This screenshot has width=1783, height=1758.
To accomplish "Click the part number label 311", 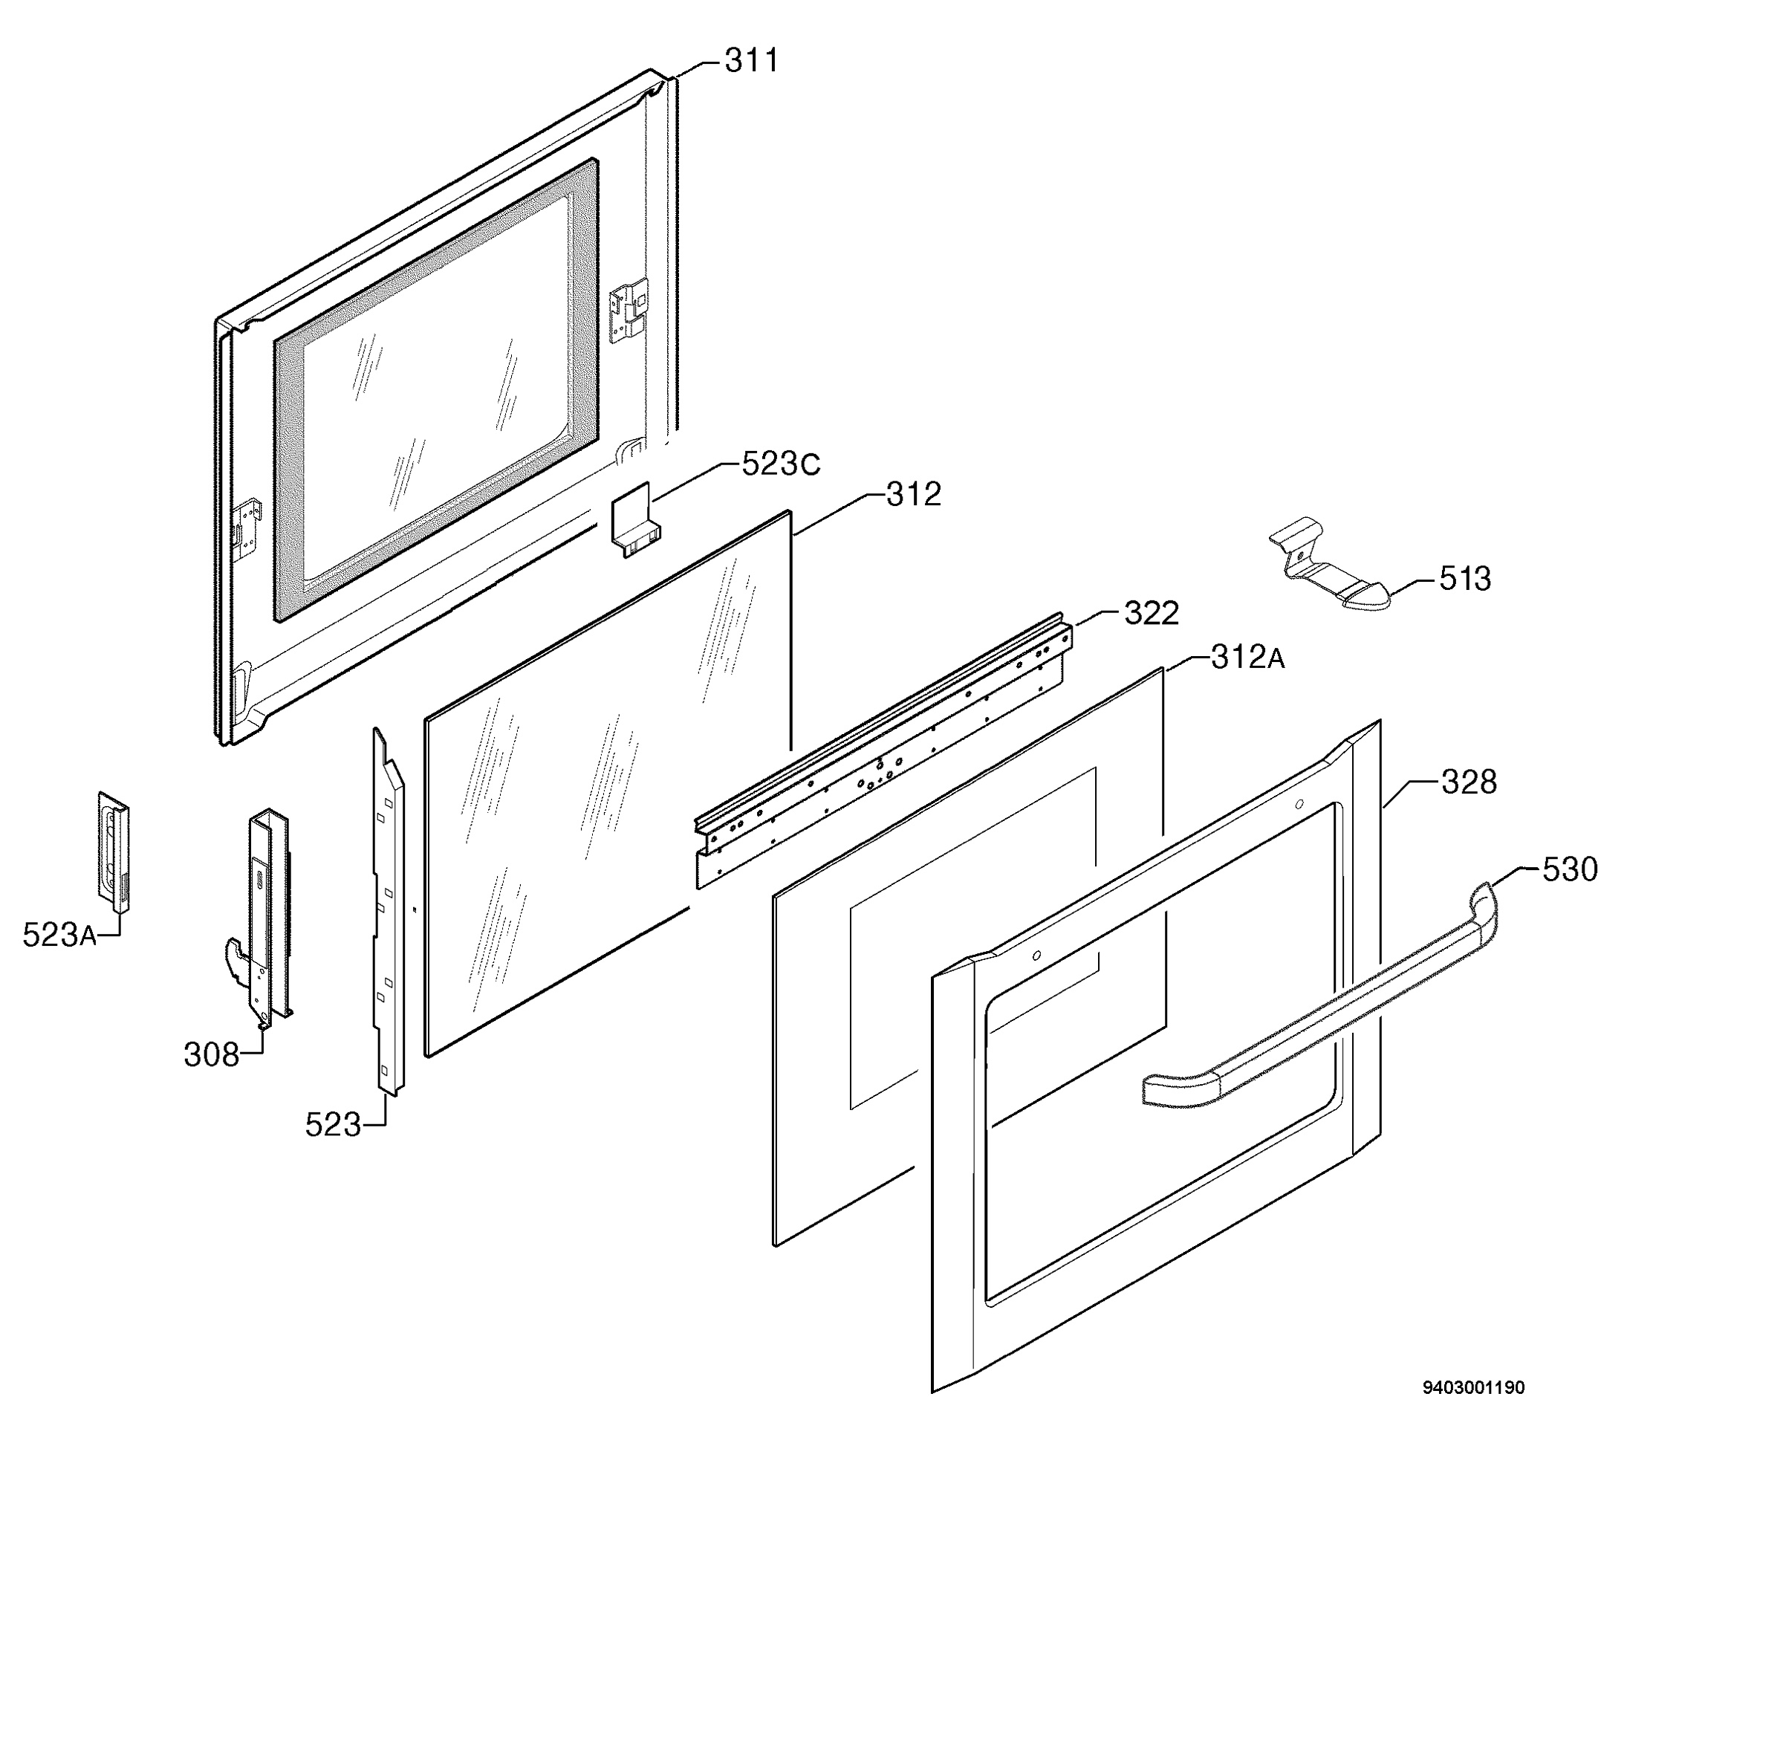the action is tap(751, 61).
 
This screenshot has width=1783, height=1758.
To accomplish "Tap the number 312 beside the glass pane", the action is tap(914, 495).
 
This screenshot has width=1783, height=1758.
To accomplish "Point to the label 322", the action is tap(1151, 614).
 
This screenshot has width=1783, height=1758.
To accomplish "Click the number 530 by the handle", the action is tap(1570, 869).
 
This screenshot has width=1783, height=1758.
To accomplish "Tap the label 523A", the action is tap(60, 935).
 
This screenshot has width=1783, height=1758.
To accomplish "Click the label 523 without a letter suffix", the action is tap(333, 1124).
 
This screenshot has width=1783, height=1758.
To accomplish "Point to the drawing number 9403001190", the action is tap(1473, 1412).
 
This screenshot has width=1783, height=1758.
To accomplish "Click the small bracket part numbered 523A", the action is tap(114, 851).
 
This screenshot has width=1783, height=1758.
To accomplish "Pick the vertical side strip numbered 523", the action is tap(388, 911).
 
